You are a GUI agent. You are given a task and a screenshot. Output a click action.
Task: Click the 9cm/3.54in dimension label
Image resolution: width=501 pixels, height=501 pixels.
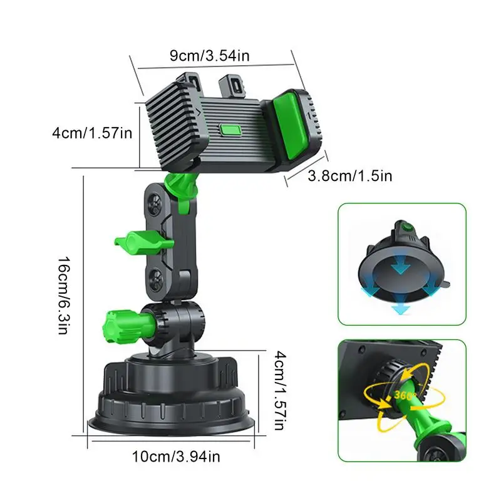(x=209, y=55)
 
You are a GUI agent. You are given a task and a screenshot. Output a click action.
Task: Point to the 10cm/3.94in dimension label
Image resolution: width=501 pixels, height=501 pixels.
(x=175, y=457)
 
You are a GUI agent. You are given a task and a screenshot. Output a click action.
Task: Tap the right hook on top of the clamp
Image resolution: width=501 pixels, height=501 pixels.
(x=233, y=84)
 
